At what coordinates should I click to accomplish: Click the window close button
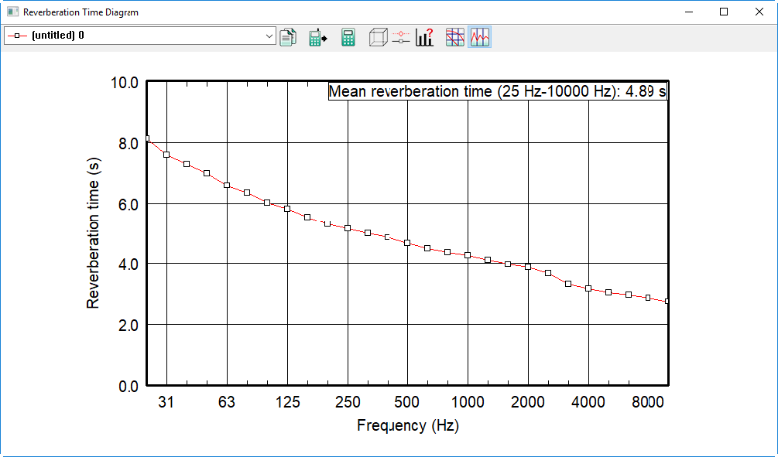pos(759,12)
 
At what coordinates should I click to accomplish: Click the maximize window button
pos(724,12)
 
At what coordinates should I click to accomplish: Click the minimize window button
pos(689,12)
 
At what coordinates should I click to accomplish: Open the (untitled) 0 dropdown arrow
pos(269,36)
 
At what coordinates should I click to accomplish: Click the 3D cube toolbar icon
pos(378,37)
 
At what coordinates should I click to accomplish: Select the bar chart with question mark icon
pos(425,37)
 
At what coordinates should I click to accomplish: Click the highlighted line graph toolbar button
pos(480,37)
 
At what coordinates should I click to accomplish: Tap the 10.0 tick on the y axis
pos(125,82)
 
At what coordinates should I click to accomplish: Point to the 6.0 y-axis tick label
pos(129,204)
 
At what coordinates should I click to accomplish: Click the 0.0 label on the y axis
pos(129,386)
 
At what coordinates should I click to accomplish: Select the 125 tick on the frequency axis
pos(288,401)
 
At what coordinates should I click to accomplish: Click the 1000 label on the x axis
pos(468,401)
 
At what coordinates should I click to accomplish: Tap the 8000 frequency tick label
pos(648,401)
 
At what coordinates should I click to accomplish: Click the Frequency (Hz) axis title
pos(408,425)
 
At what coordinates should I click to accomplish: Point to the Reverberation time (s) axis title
pos(93,233)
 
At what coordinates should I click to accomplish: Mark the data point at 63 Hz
pos(227,186)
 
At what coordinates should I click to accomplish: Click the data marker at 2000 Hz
pos(528,267)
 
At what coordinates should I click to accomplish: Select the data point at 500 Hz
pos(407,243)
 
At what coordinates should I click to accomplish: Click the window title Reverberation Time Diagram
pos(81,12)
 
